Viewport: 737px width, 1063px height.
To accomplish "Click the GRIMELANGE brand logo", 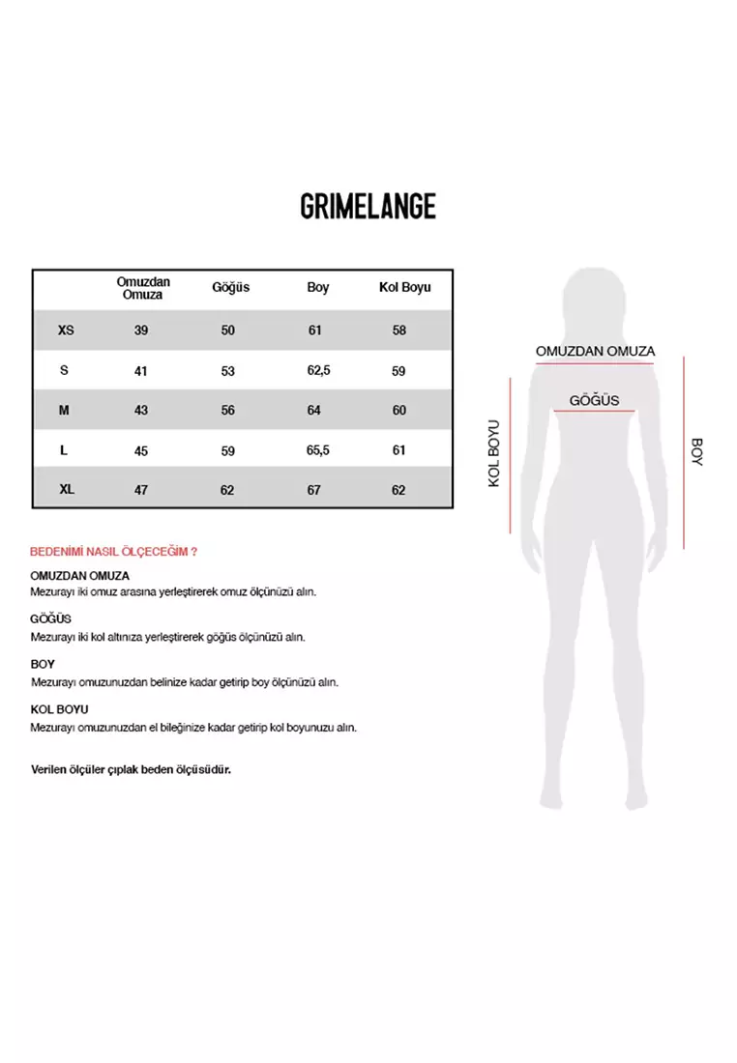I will click(x=368, y=206).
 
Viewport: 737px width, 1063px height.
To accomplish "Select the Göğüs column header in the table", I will click(x=230, y=287).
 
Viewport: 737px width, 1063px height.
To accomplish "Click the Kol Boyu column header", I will click(x=404, y=287).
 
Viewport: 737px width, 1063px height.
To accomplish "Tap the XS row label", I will click(x=66, y=330).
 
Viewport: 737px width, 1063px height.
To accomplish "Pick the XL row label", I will click(x=66, y=490).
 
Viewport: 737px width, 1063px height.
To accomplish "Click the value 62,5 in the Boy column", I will click(x=318, y=370).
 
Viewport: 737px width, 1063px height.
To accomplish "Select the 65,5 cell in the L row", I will click(x=318, y=450).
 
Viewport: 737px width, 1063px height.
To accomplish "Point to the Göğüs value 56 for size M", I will click(x=228, y=410).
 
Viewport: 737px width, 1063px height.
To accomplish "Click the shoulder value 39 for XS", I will click(x=141, y=330).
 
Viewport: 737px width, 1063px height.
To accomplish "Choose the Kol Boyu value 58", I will click(x=399, y=330).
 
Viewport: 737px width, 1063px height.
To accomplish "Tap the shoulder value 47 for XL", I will click(x=141, y=490).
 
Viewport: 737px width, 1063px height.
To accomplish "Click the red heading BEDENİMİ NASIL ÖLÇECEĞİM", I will click(x=114, y=552).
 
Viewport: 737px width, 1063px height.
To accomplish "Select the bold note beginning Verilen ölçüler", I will click(x=131, y=770).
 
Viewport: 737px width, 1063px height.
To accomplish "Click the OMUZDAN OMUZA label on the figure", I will click(x=596, y=351).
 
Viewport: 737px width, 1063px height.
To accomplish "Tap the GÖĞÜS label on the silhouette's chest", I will click(x=594, y=400).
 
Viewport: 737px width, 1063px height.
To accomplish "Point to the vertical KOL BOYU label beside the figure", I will click(x=493, y=452).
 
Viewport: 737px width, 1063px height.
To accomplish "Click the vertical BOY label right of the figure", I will click(x=696, y=452).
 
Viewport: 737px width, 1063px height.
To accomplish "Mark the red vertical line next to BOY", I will click(x=684, y=452).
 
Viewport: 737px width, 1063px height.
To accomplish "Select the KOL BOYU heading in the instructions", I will click(x=59, y=709).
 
